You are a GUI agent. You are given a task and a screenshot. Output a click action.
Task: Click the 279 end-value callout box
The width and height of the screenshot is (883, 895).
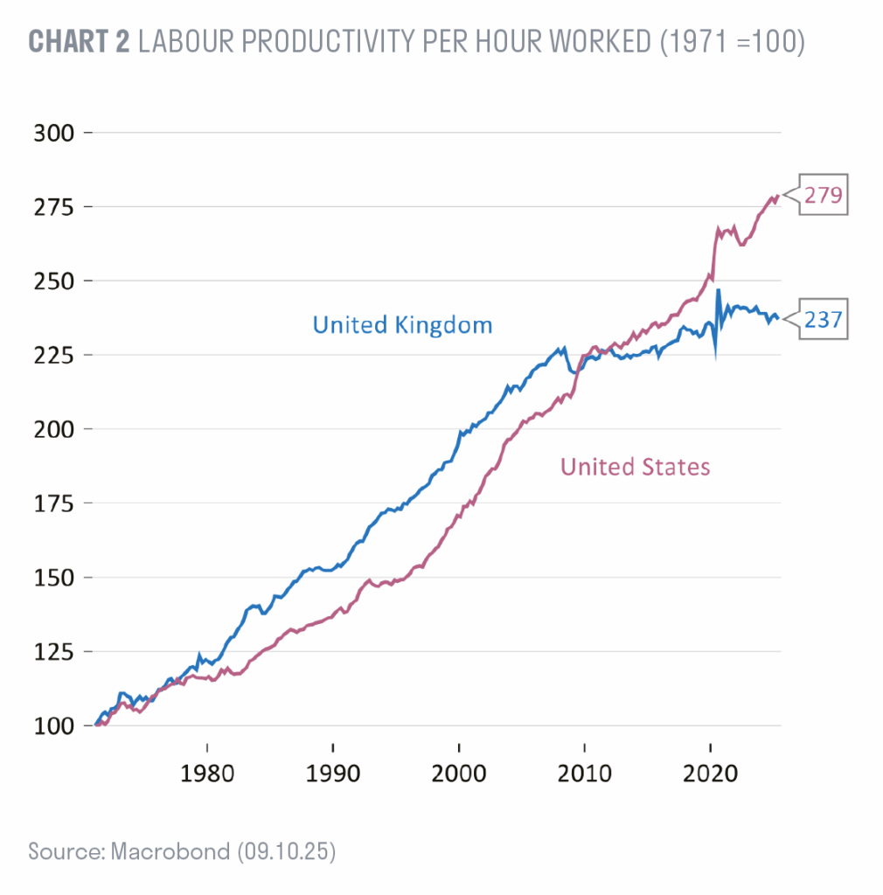click(x=823, y=196)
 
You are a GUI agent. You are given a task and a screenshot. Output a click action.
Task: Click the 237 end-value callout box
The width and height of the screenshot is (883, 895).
click(x=823, y=320)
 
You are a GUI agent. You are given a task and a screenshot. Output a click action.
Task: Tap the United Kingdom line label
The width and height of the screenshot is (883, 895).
click(x=402, y=326)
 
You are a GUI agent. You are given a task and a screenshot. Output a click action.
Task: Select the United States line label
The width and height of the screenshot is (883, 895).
click(x=635, y=467)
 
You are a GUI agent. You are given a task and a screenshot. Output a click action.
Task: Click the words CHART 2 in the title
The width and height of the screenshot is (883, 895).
click(x=79, y=41)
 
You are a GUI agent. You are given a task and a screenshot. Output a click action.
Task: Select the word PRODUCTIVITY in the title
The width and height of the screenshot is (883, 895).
click(x=345, y=41)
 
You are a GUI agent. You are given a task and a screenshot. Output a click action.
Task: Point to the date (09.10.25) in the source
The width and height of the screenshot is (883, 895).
click(x=287, y=851)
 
